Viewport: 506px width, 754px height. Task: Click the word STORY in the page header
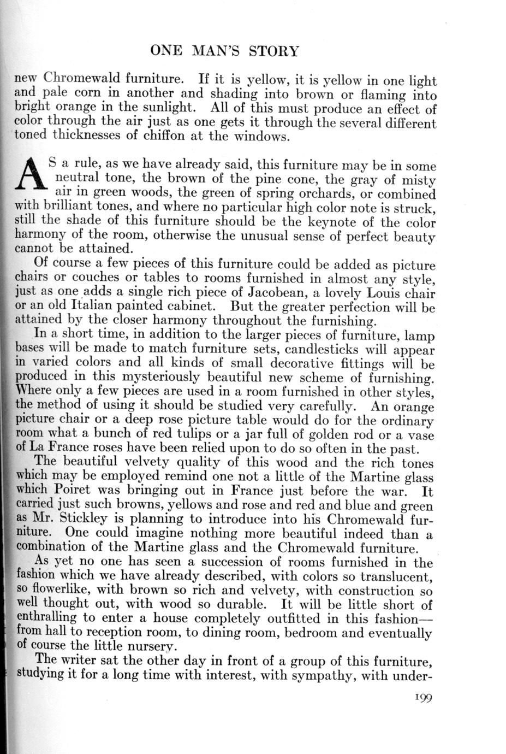(x=273, y=52)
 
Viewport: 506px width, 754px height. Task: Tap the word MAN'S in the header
(x=213, y=52)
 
